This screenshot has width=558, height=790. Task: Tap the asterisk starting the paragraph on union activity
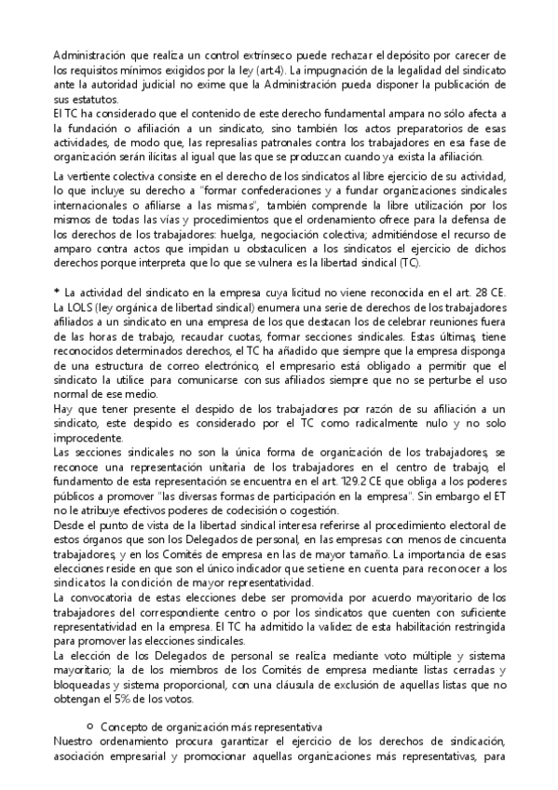tap(57, 293)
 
